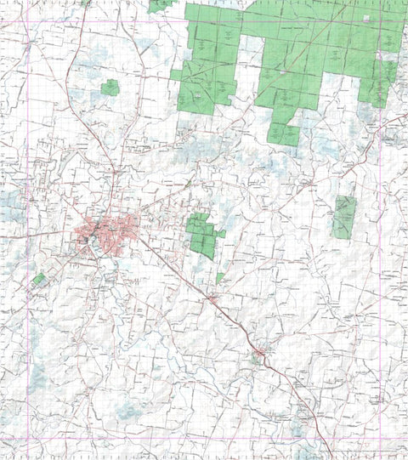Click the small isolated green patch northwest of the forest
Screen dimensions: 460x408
tap(110, 87)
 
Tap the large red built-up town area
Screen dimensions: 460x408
tap(108, 230)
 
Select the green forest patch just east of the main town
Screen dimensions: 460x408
tap(201, 235)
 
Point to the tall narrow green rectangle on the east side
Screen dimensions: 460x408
tap(344, 216)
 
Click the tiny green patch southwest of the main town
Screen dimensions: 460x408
tap(38, 278)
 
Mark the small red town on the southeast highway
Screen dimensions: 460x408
tap(260, 351)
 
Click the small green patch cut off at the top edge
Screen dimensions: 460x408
tap(159, 5)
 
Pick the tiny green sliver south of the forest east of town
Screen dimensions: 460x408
tap(219, 277)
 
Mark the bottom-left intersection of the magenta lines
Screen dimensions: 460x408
tap(28, 439)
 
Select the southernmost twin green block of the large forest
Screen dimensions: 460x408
tap(283, 133)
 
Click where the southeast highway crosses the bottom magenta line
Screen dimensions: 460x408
tap(324, 439)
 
